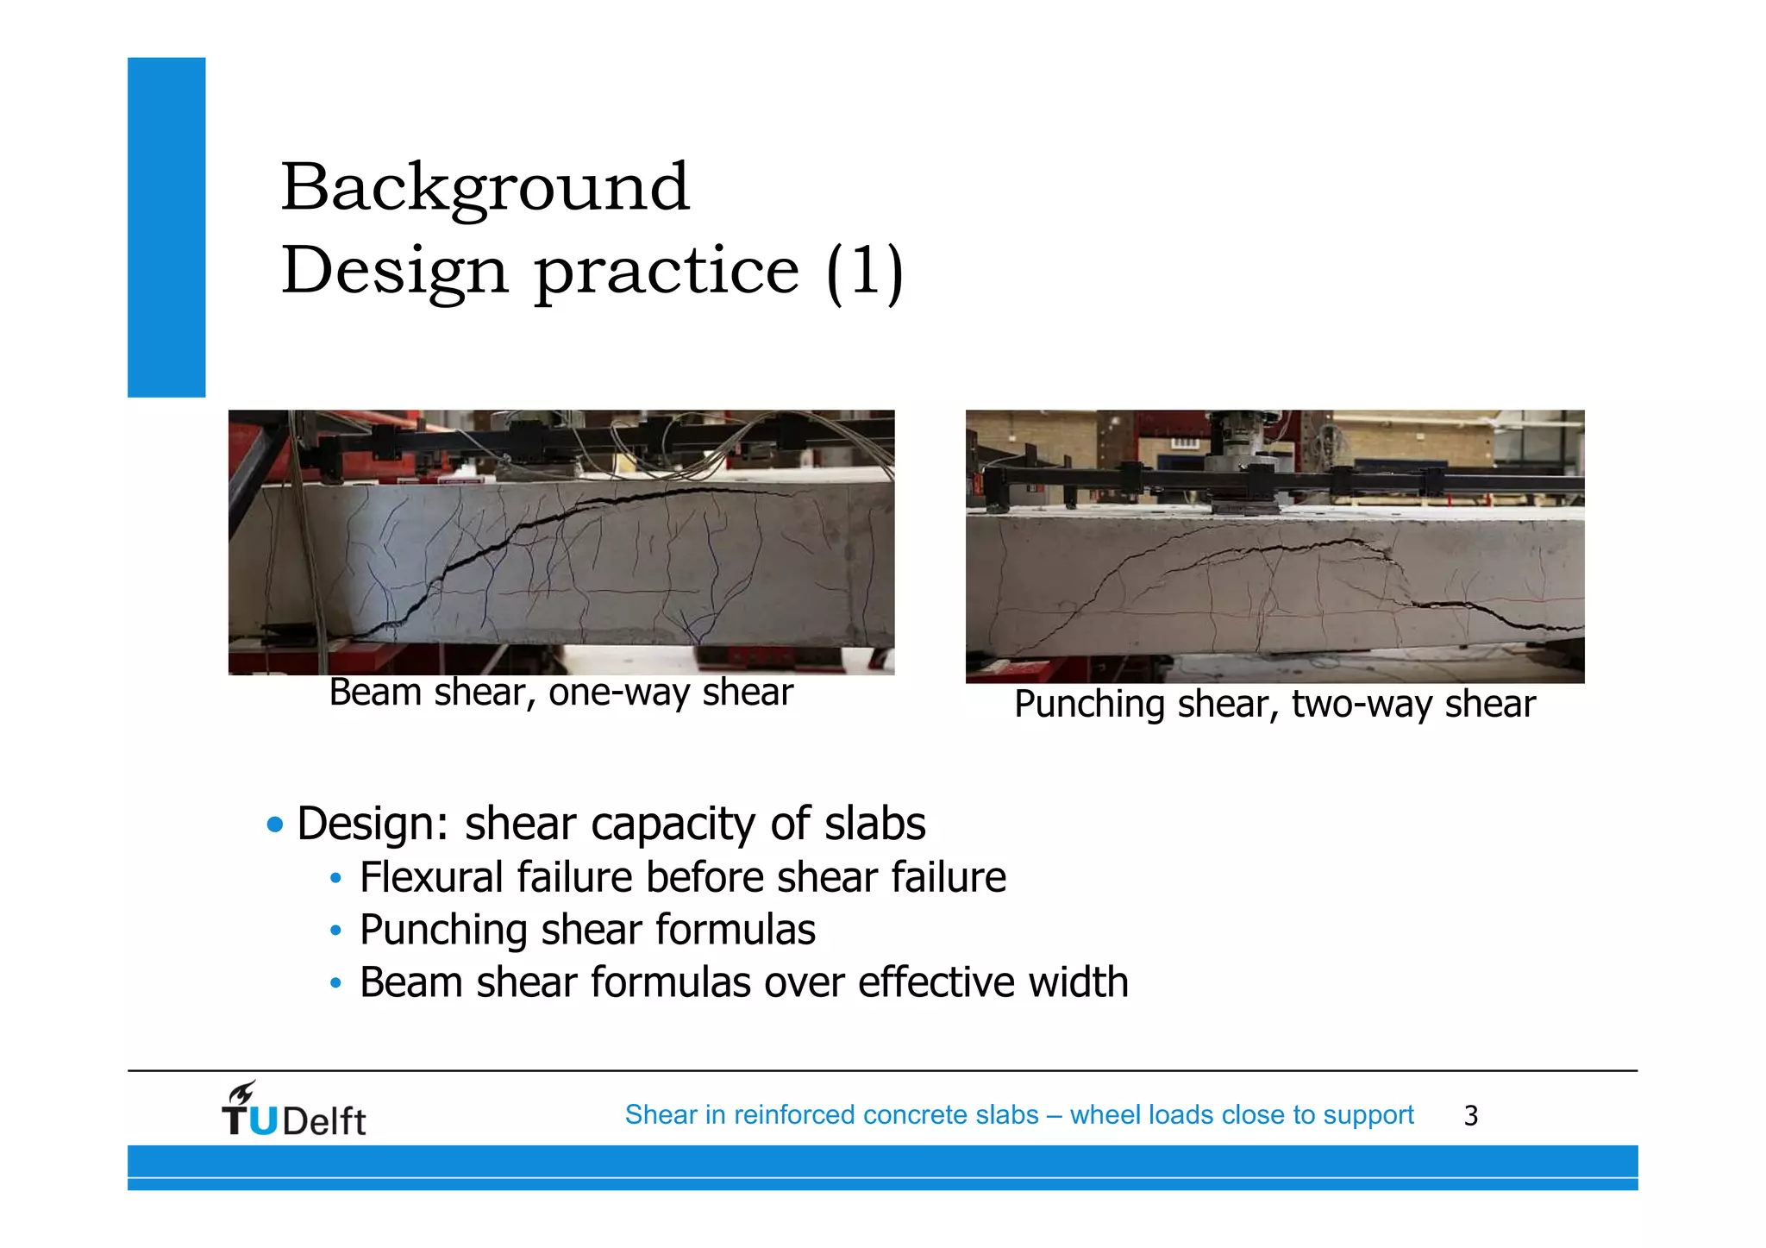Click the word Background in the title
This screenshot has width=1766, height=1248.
[485, 187]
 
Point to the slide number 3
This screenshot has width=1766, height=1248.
[1470, 1116]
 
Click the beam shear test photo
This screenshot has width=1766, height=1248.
[560, 542]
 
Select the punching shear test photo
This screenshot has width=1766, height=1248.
[1274, 546]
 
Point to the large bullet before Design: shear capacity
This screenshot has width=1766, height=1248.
[275, 825]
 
